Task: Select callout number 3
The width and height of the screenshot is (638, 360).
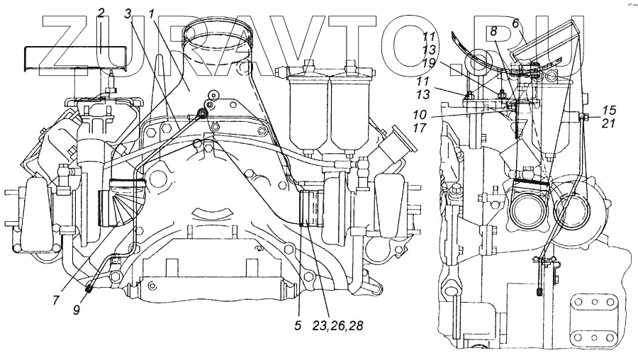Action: pyautogui.click(x=128, y=13)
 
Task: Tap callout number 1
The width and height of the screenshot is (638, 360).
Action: pyautogui.click(x=152, y=13)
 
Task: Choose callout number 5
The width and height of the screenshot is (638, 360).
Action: pyautogui.click(x=298, y=327)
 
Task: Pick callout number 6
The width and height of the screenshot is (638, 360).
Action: pyautogui.click(x=515, y=23)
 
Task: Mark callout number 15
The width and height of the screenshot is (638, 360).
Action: pyautogui.click(x=609, y=110)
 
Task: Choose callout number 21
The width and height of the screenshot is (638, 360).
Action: pyautogui.click(x=609, y=123)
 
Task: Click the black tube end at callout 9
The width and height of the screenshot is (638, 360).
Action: pyautogui.click(x=90, y=288)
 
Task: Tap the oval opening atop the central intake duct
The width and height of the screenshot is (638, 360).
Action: pyautogui.click(x=219, y=33)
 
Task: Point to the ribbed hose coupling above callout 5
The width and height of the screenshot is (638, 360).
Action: pyautogui.click(x=311, y=208)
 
